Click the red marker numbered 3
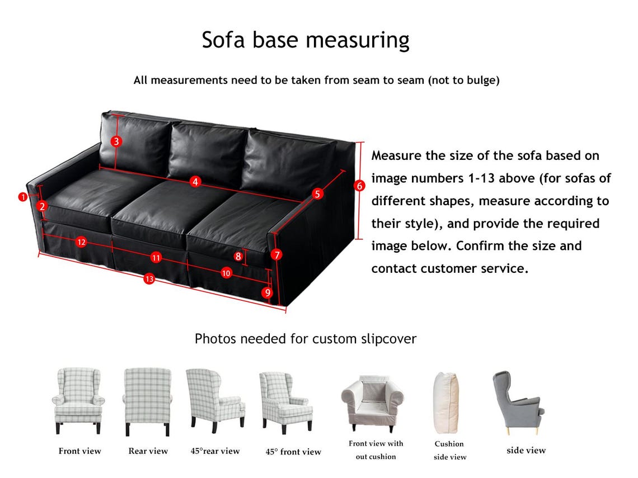116,141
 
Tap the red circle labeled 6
359,186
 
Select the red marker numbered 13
149,279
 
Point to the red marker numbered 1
23,197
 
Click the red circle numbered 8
238,257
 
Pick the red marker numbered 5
317,194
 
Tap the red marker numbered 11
156,257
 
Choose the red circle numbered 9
268,292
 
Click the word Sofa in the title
223,40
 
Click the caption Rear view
148,451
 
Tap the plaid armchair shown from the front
78,401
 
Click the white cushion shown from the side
447,403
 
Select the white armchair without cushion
372,403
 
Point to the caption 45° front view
293,452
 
